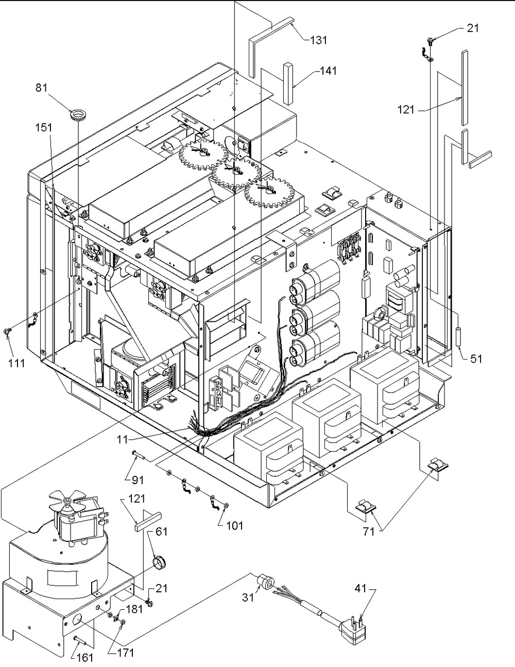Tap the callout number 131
click(x=318, y=40)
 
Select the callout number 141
click(x=328, y=71)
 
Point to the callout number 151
click(x=44, y=127)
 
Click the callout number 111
click(x=16, y=364)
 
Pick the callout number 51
click(x=476, y=358)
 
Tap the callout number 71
click(x=369, y=531)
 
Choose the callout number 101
click(x=234, y=526)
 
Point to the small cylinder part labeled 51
click(x=459, y=337)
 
